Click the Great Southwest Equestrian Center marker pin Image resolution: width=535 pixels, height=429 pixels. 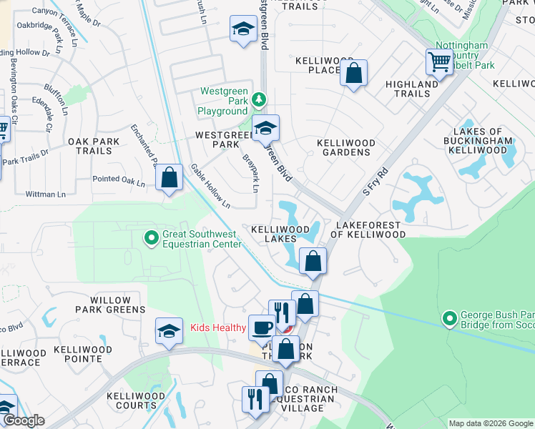coord(151,237)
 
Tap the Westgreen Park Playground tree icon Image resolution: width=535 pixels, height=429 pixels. coord(261,99)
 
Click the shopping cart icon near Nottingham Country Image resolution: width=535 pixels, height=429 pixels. coord(438,61)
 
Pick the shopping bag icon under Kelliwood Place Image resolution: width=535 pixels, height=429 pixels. coord(353,73)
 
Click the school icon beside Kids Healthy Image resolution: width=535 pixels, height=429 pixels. coord(169,331)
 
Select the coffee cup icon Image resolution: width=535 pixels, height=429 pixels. coord(261,327)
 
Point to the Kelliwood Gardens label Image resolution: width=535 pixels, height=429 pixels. coord(346,147)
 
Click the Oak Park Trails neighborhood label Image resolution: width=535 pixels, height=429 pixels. coord(94,146)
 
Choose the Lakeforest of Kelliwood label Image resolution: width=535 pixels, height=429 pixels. coord(370,229)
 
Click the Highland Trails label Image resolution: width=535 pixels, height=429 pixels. coord(412,89)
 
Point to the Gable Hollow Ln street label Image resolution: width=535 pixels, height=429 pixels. coord(210,186)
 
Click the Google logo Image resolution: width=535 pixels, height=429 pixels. coord(23,420)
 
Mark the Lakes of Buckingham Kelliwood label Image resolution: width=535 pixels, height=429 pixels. coord(483,141)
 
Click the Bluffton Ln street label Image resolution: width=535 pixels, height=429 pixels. coord(55,99)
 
